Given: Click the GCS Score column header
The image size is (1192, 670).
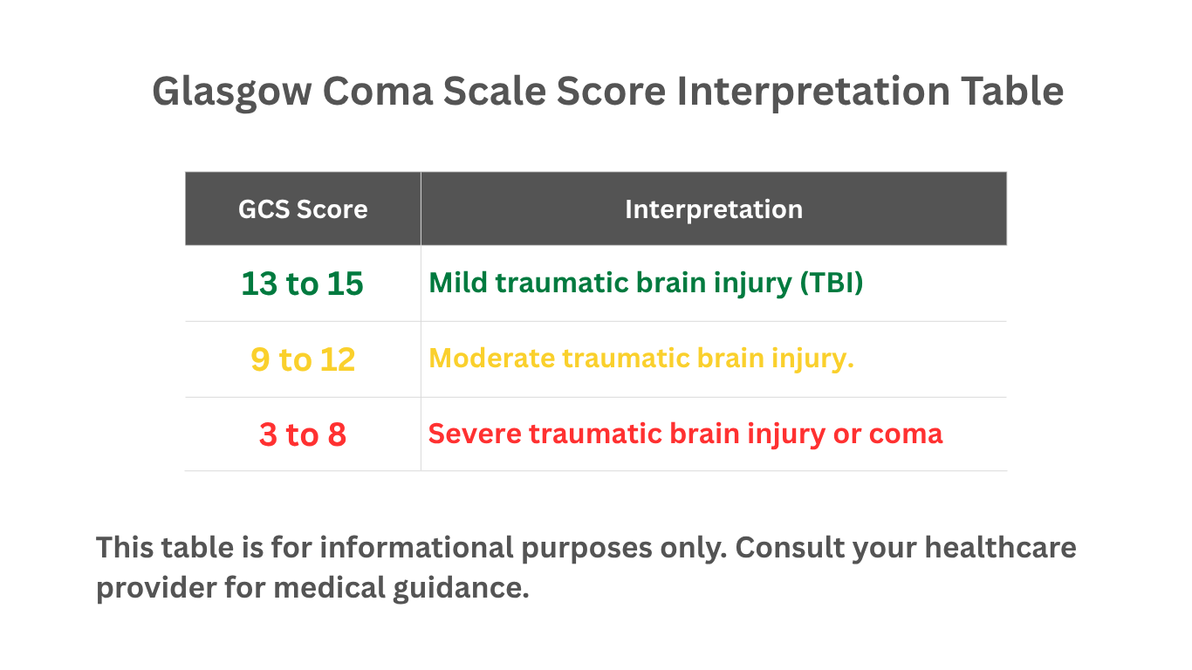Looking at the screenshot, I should pos(303,209).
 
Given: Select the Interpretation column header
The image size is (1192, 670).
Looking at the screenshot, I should pos(713,209).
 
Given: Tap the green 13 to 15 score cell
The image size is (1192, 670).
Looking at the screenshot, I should pos(302,284).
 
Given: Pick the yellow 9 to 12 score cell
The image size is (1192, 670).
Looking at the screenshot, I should pos(303,360).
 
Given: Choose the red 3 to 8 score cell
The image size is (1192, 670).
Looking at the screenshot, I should pos(303,434).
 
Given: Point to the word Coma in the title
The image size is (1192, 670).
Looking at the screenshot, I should pos(377,92).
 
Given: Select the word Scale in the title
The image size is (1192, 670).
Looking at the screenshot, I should pos(497,92).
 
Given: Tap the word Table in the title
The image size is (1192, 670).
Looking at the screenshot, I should pos(1012,92).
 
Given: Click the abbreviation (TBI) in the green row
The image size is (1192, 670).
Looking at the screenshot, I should pos(831,284).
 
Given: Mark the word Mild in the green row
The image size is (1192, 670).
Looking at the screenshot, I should pos(455,284).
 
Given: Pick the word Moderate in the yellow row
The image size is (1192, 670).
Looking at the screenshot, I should pos(491,359).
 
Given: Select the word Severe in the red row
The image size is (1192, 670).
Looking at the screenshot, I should pos(475,434).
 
